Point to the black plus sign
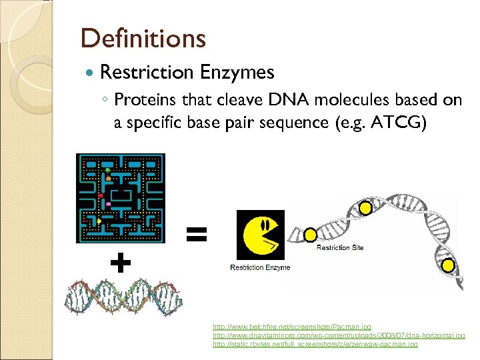coord(120,264)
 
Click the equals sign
coord(197,233)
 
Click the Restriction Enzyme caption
coord(260,268)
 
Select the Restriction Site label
coord(340,248)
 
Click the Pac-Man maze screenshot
coord(121,198)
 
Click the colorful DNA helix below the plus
coord(123,297)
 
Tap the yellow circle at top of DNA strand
coord(365,208)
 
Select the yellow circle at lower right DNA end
coord(448,266)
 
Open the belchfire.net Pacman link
coord(292,327)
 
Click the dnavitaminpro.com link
coord(339,336)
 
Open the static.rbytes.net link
coord(315,344)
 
